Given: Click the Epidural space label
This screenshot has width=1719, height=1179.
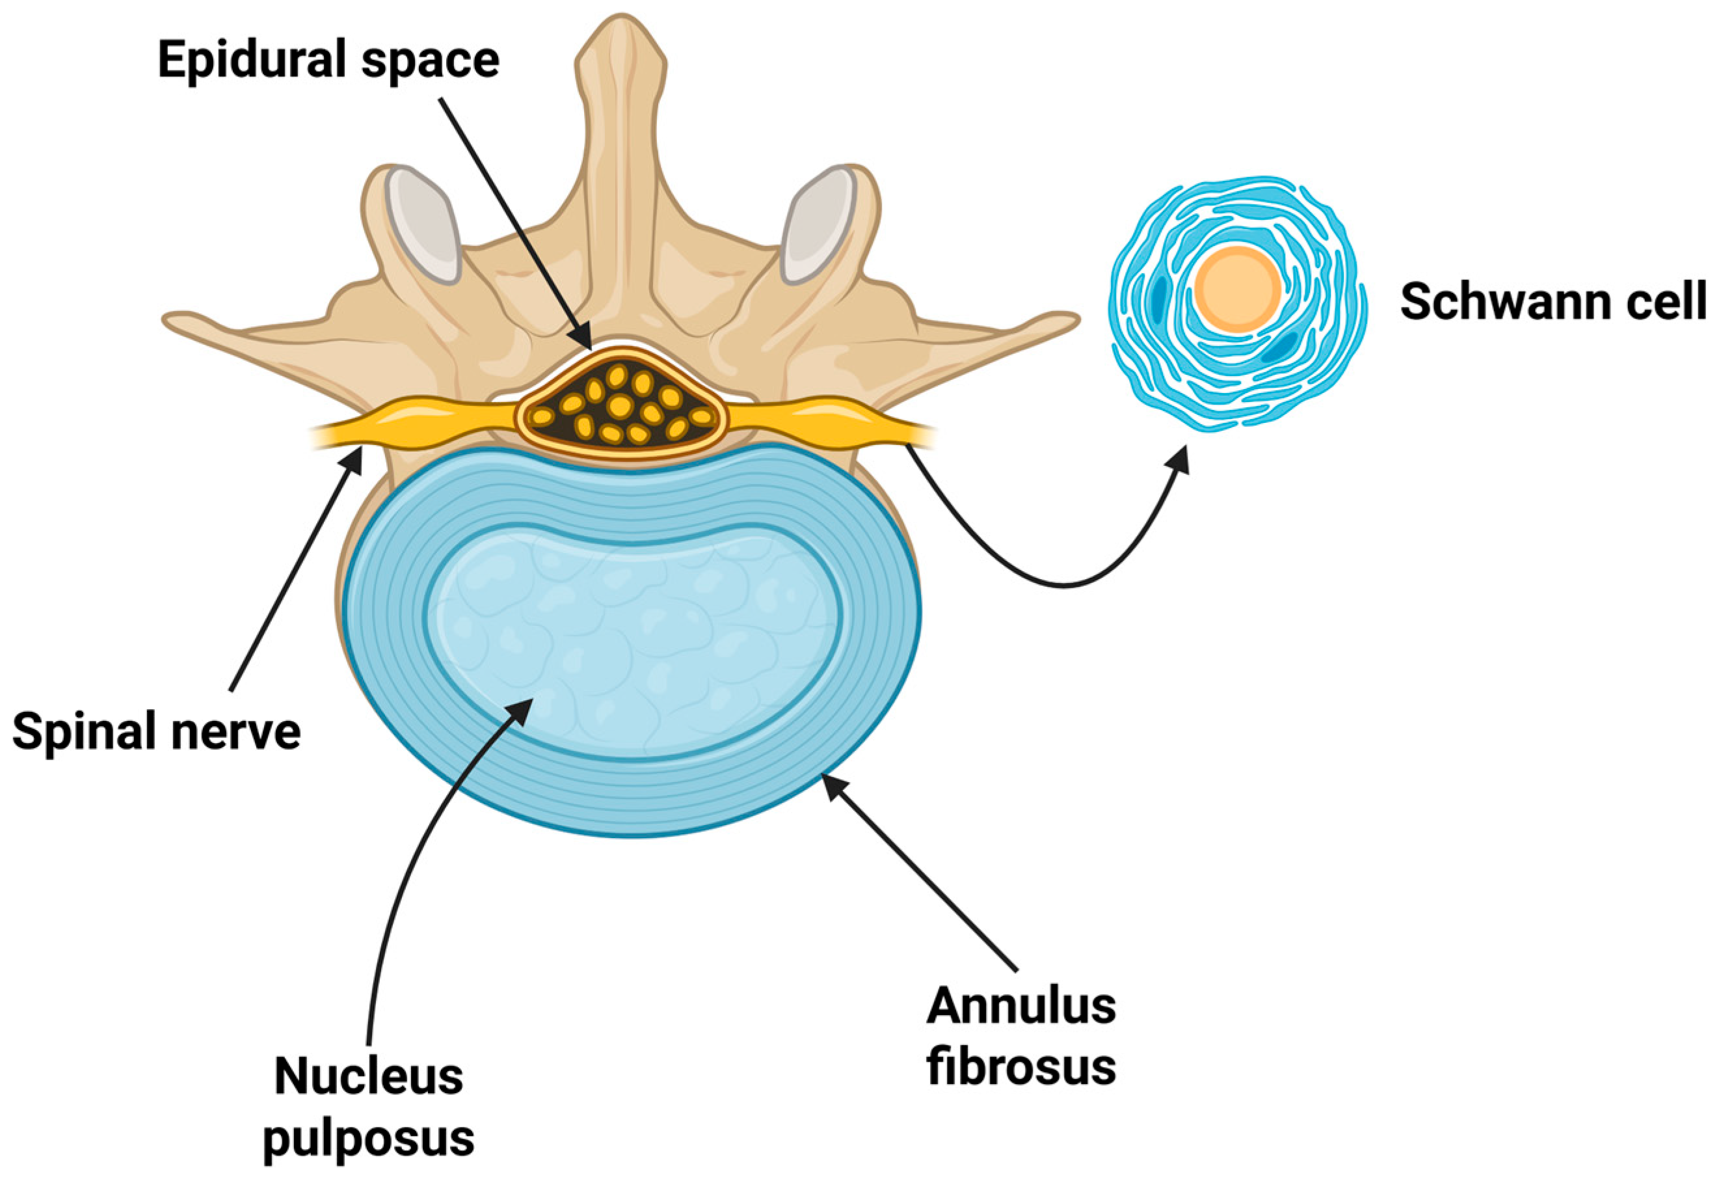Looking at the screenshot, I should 328,61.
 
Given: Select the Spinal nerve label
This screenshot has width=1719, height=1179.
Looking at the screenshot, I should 156,731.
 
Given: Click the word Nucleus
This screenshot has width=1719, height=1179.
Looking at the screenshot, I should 368,1076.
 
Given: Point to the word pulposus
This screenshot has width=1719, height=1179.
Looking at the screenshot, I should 368,1137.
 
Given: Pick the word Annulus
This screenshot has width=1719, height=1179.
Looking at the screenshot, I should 1020,1006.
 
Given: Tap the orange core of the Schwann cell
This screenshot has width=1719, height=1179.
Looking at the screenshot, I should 1238,289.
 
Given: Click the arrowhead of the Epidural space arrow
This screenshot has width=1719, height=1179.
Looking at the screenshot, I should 584,342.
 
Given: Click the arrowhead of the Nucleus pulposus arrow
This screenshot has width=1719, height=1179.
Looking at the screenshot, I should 525,707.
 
